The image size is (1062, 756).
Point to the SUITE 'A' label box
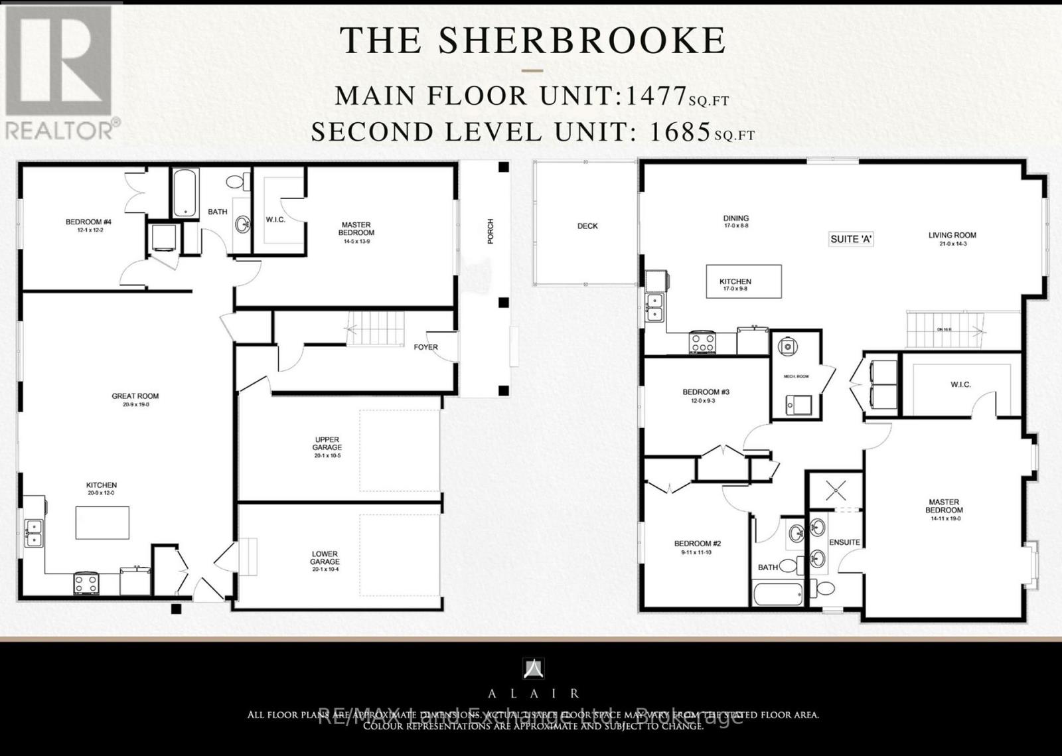point(851,239)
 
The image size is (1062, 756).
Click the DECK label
point(587,226)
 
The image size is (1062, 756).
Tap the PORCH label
point(491,231)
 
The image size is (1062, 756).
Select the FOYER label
point(425,347)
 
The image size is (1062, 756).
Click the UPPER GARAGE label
point(327,443)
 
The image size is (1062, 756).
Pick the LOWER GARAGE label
point(325,558)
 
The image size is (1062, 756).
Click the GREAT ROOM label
point(135,396)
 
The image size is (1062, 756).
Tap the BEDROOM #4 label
point(84,222)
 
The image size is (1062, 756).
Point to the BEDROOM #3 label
point(706,392)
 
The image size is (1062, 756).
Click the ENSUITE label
point(844,542)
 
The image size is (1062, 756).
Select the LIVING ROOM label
point(952,235)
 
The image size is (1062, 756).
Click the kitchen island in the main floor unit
point(102,522)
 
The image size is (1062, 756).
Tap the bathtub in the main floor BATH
point(185,193)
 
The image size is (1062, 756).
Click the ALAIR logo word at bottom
point(534,694)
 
